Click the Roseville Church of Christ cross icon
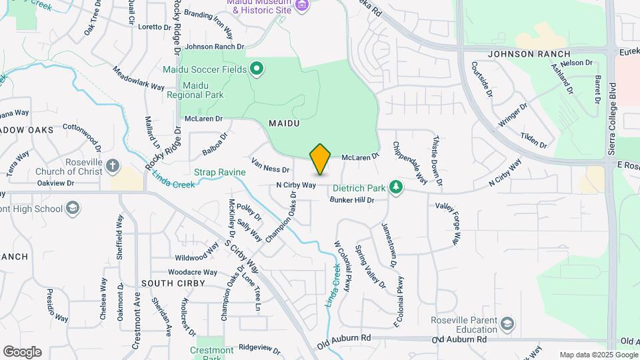(113, 166)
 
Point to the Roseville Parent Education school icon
(507, 324)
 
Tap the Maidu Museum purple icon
(303, 6)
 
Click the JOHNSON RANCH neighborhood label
(529, 54)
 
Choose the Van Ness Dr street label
(271, 165)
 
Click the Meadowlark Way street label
(139, 78)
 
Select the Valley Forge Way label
(449, 224)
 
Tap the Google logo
(22, 352)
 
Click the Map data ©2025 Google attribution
(598, 355)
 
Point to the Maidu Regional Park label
(203, 91)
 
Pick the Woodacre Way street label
(193, 272)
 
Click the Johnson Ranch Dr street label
(215, 47)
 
